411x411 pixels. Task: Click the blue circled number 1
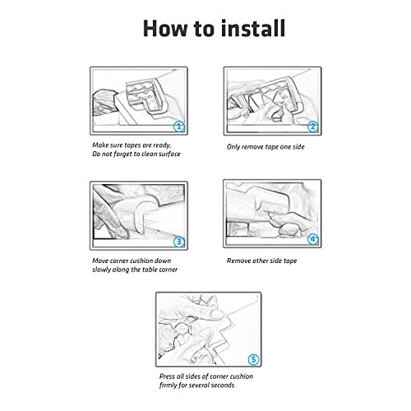pyautogui.click(x=179, y=127)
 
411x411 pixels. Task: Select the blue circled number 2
pyautogui.click(x=312, y=127)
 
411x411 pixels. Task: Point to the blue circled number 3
pyautogui.click(x=179, y=242)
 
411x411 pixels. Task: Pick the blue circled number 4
pyautogui.click(x=312, y=239)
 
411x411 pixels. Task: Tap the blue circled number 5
pyautogui.click(x=253, y=359)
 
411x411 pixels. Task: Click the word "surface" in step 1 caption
pyautogui.click(x=169, y=154)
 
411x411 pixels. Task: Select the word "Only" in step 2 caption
pyautogui.click(x=233, y=147)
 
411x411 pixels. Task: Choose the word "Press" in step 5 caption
pyautogui.click(x=167, y=376)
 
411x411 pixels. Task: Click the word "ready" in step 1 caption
pyautogui.click(x=162, y=145)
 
